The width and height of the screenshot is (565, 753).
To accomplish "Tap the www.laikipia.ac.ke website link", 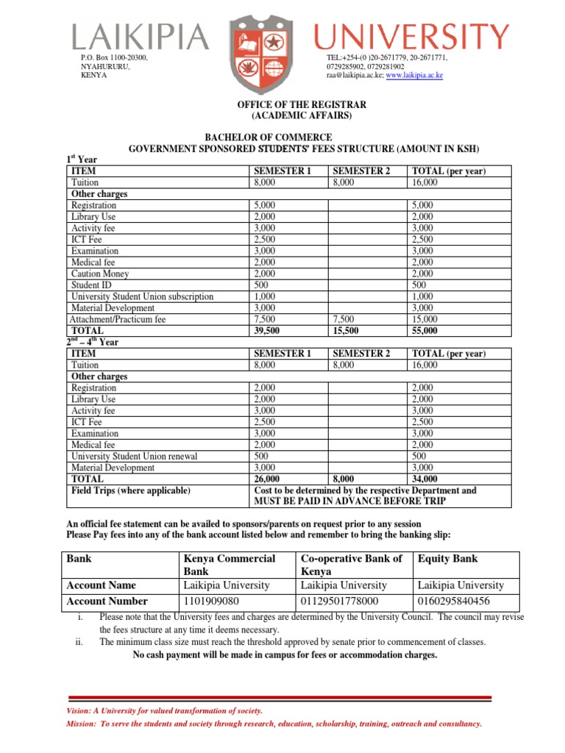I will [414, 76].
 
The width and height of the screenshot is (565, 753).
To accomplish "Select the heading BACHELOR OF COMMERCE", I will [267, 138].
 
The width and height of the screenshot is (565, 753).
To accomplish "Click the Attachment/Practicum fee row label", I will [118, 320].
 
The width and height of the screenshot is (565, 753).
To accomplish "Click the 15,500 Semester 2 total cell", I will [346, 331].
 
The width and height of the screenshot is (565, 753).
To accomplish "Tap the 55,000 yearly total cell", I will [426, 331].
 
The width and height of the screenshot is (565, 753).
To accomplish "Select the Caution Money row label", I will [100, 274].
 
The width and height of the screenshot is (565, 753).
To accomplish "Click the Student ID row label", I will [90, 285].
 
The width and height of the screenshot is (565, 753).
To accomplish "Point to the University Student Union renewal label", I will [134, 457].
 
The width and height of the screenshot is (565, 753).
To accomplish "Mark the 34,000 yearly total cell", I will [426, 479].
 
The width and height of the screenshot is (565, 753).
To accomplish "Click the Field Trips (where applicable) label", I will [130, 490].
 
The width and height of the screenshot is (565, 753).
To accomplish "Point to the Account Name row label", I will [101, 585].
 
